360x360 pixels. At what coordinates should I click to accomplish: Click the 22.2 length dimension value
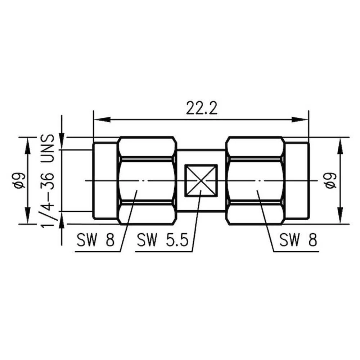202,109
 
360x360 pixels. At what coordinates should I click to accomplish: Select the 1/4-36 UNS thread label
48,181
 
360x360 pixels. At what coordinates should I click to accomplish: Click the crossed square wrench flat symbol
201,181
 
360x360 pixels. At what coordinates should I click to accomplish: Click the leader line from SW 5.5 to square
197,220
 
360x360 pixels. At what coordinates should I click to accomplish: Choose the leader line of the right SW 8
265,220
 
